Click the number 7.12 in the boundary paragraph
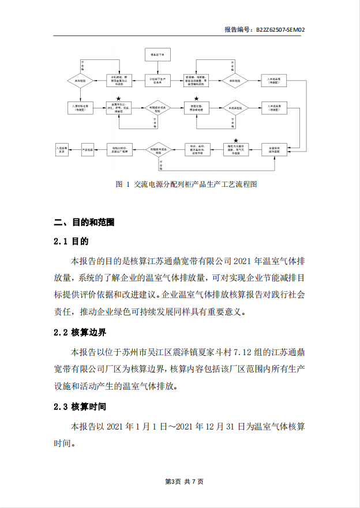click(230, 352)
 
